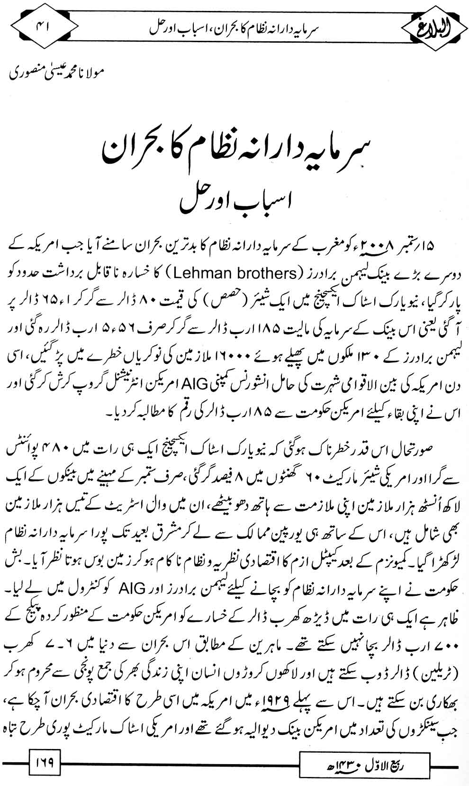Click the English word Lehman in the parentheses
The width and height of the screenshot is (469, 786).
pyautogui.click(x=198, y=274)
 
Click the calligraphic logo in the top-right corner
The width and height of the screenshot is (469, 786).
pyautogui.click(x=432, y=24)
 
